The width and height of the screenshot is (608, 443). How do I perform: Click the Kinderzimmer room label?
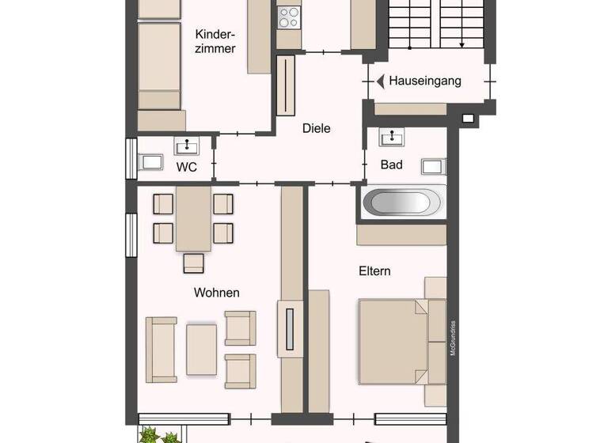tap(215, 41)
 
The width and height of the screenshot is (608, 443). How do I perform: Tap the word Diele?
tap(316, 128)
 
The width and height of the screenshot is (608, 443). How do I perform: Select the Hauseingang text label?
tap(424, 81)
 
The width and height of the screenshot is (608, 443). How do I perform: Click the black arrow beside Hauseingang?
tap(380, 81)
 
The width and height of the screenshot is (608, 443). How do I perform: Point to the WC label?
tap(187, 166)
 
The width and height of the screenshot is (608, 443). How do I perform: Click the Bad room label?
tap(391, 165)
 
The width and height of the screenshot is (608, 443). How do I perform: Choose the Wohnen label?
tap(216, 293)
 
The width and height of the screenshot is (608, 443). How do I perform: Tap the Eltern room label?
tap(374, 271)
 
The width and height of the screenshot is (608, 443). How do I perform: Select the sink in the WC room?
tap(188, 145)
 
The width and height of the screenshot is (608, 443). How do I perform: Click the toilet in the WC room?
tap(150, 163)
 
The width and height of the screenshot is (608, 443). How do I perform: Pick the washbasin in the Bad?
tap(392, 138)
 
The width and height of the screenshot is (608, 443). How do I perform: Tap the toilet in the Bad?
tap(433, 166)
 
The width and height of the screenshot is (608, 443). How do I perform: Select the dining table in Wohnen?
tap(193, 218)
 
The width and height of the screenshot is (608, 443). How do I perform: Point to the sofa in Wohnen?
tap(161, 349)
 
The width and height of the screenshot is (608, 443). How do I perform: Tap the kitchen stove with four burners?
tap(289, 17)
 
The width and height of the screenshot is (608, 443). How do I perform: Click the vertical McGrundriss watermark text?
tap(454, 337)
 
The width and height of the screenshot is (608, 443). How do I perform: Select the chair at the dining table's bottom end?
tap(193, 263)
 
